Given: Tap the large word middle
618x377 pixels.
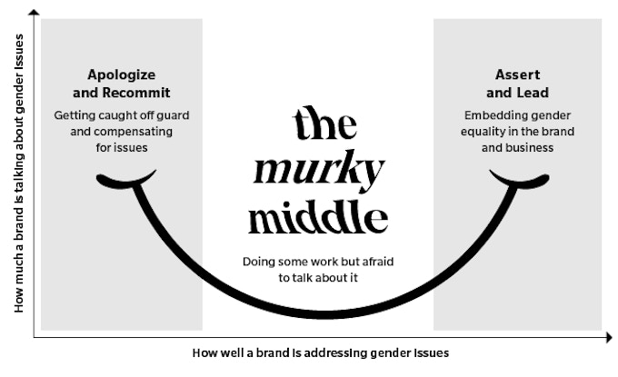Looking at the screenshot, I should click(318, 217).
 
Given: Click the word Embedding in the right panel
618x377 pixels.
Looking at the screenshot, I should click(493, 115).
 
